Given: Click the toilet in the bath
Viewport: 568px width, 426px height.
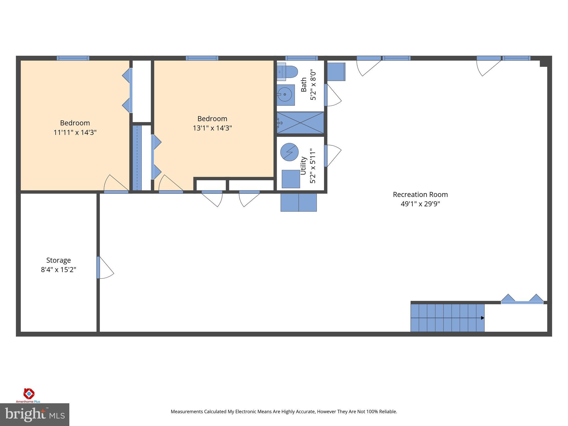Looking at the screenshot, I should click(x=288, y=72).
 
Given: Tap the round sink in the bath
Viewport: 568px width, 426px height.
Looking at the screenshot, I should click(x=285, y=95).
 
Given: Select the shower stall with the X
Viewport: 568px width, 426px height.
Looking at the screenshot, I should click(x=301, y=123).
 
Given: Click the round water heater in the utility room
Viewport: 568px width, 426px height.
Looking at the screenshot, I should click(x=289, y=152).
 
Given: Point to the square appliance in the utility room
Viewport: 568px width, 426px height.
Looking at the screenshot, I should click(x=291, y=179).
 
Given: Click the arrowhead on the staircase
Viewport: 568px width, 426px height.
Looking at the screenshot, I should click(x=483, y=318).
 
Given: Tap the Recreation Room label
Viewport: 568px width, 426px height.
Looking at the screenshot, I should click(x=420, y=195).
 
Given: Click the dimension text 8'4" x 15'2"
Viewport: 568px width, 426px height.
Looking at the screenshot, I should click(x=59, y=270).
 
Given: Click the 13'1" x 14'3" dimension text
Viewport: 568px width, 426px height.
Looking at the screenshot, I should click(x=212, y=128).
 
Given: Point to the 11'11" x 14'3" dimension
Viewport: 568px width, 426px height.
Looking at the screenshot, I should click(x=75, y=132).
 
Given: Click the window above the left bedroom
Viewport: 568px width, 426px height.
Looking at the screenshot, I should click(x=73, y=58).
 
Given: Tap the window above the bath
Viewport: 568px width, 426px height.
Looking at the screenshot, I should click(x=301, y=58).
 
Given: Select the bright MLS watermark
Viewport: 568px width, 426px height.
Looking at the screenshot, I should click(x=34, y=414).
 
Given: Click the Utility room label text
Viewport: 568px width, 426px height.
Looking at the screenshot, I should click(x=303, y=166).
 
